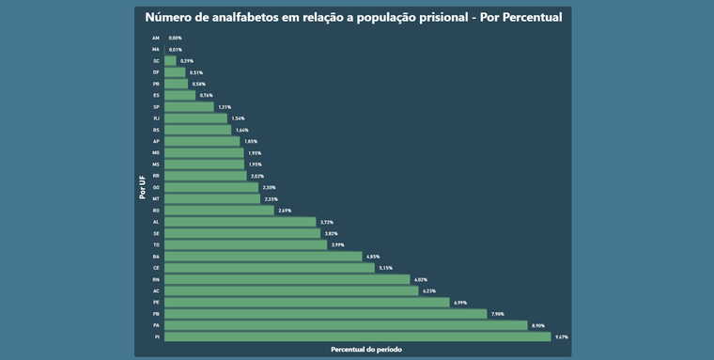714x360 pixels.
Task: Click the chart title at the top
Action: coord(353,17)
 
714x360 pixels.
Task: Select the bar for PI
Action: coord(357,337)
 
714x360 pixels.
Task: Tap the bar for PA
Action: coord(346,325)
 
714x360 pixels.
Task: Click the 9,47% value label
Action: coord(562,337)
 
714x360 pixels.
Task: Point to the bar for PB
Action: coord(325,314)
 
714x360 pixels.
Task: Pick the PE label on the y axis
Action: coord(156,303)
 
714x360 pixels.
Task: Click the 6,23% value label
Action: coord(429,291)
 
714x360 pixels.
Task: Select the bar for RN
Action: coord(287,279)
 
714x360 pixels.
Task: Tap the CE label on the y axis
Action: coord(156,268)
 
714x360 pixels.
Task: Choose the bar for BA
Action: coord(263,257)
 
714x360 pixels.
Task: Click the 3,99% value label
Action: coord(338,244)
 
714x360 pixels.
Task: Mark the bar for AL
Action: coord(241,222)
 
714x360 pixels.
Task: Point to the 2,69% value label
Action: coord(285,211)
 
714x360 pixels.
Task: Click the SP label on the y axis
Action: coord(156,107)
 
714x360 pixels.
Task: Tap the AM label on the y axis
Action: coord(156,38)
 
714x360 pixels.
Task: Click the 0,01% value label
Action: coord(175,49)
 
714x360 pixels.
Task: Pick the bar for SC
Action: coord(170,61)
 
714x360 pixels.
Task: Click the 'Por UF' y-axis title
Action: coord(143,187)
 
